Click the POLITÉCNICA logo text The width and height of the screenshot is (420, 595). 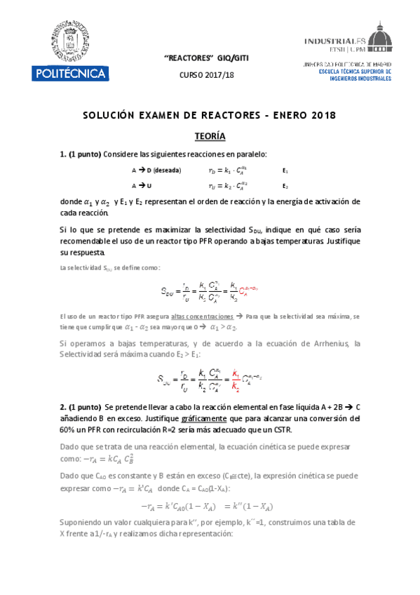coord(69,73)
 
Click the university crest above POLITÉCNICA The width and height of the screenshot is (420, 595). coord(69,41)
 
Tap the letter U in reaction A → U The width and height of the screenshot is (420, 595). coord(150,186)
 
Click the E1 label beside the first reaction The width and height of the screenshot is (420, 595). coord(285,171)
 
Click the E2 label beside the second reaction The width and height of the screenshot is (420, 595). coord(285,186)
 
